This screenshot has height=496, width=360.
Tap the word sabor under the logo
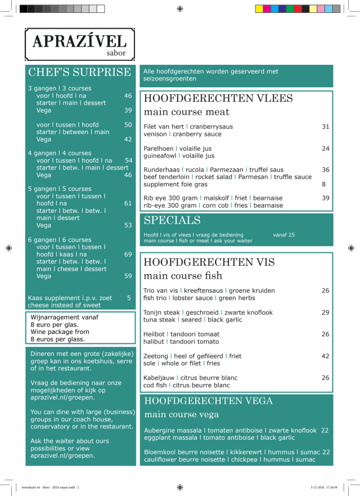tap(116, 54)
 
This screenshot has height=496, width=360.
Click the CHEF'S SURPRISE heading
tap(79, 73)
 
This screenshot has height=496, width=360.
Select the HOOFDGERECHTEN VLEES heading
tap(218, 99)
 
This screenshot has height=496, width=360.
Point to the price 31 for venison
tap(325, 127)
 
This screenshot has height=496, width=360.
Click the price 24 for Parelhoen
tap(325, 149)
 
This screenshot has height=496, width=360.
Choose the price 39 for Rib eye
tap(325, 198)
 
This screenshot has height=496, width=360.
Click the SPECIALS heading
tap(172, 220)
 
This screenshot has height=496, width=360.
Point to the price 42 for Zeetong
tap(325, 356)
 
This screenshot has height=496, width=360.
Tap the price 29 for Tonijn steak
tap(325, 312)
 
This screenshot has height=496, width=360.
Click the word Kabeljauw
tap(159, 378)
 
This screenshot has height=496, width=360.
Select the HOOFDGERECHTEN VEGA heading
tap(209, 401)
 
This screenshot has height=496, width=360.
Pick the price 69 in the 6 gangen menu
tap(128, 254)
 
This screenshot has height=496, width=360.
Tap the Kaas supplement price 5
tap(129, 298)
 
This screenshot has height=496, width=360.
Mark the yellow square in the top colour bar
tap(259, 8)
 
